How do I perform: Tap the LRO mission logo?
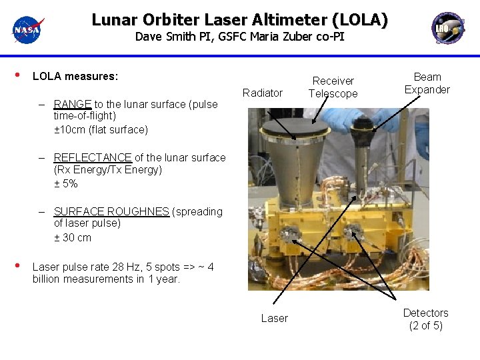pos(448,28)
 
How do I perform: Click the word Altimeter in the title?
pos(281,20)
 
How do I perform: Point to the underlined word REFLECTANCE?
pos(93,157)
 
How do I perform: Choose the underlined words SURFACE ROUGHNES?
pos(111,211)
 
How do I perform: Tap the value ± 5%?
pos(66,183)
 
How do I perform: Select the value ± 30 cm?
pos(73,237)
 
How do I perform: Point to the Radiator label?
pos(263,93)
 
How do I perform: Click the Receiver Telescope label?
pos(333,87)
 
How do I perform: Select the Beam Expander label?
pos(427,83)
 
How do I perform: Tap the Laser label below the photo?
pos(274,318)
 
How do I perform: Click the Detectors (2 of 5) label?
pos(425,319)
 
